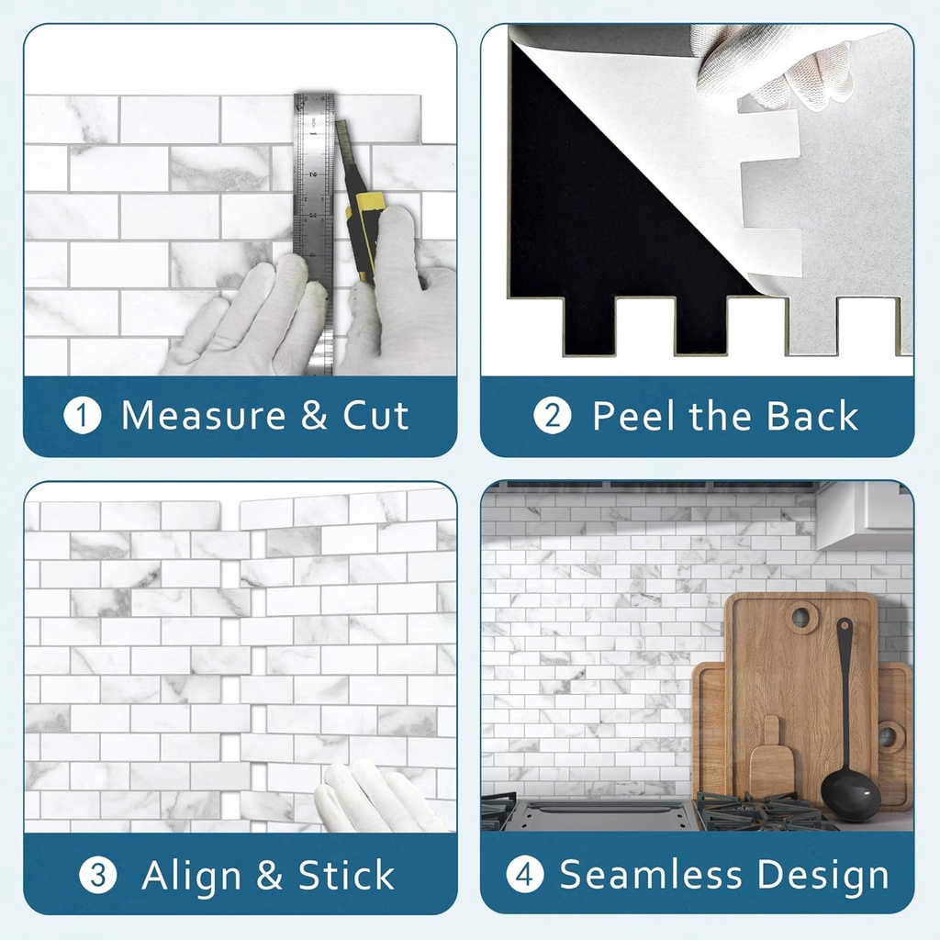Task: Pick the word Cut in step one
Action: click(x=375, y=416)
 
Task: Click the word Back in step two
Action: click(x=812, y=416)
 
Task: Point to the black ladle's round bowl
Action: click(x=849, y=795)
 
